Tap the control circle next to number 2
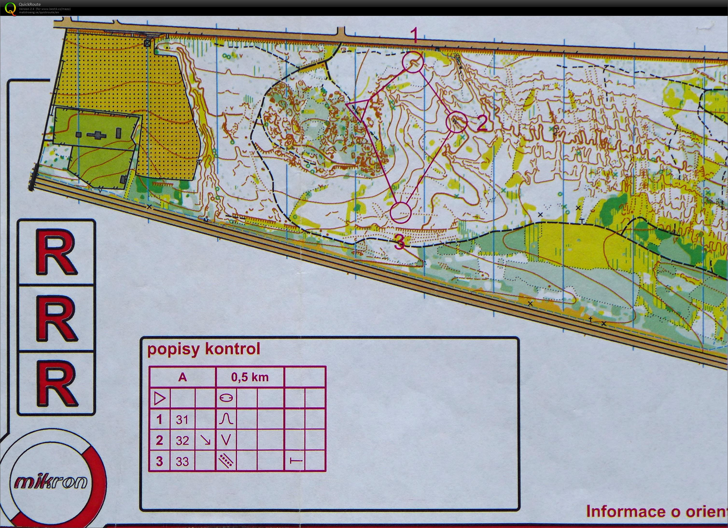pos(456,122)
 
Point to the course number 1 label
pos(415,35)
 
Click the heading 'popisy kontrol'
pos(203,349)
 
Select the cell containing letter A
pos(182,377)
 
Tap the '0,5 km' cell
pos(250,377)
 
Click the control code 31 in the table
pos(182,419)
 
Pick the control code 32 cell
pos(182,440)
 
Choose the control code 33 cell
pos(182,461)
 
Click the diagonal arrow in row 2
pos(205,440)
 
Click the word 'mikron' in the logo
pos(51,482)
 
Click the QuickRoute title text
pos(29,4)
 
